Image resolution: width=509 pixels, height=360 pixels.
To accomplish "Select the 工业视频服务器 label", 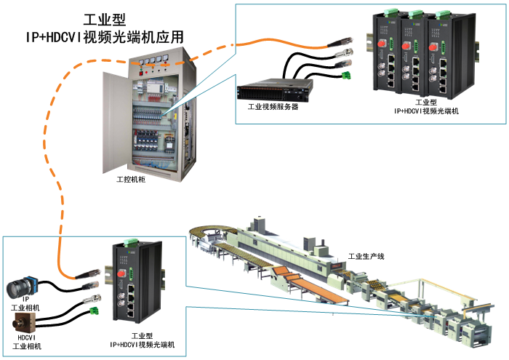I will click(x=273, y=106).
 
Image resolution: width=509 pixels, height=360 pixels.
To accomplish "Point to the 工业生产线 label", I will click(x=365, y=256).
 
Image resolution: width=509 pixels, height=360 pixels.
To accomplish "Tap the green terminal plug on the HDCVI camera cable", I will click(x=94, y=312).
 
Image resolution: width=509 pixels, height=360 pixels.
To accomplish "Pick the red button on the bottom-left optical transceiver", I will click(x=122, y=273).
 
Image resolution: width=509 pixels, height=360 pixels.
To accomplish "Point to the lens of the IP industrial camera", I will click(x=15, y=290).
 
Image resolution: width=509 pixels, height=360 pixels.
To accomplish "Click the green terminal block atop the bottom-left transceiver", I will click(x=130, y=243).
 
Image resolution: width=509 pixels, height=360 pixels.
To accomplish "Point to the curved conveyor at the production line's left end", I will click(x=207, y=236).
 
